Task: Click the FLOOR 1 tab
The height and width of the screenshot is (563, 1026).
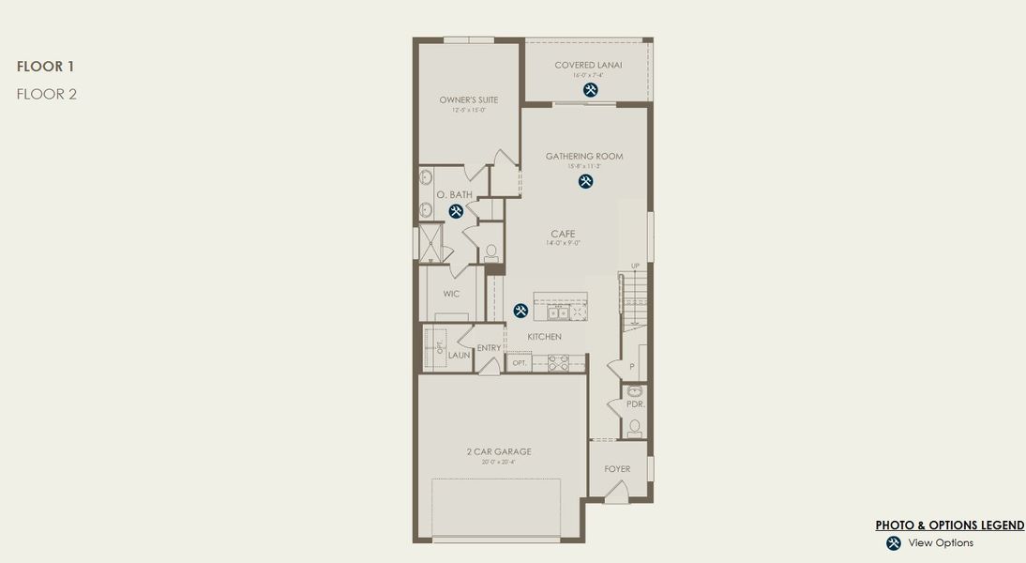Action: click(x=45, y=67)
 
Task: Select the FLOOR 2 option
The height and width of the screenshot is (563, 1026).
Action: click(x=46, y=94)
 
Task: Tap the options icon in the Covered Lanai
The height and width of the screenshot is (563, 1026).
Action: click(x=590, y=90)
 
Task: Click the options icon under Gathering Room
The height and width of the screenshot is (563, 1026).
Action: click(x=585, y=181)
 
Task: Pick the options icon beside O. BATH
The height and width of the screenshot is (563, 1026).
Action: click(x=456, y=211)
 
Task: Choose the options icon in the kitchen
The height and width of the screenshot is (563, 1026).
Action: click(x=521, y=311)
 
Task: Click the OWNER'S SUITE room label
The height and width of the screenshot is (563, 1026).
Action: click(x=468, y=99)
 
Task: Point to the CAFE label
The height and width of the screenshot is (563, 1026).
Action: click(x=563, y=234)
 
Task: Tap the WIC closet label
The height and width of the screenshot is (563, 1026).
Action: click(x=451, y=294)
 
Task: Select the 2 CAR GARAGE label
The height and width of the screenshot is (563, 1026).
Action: click(x=499, y=451)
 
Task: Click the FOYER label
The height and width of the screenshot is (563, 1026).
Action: click(x=617, y=469)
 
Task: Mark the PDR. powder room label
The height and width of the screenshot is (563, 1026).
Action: click(x=635, y=403)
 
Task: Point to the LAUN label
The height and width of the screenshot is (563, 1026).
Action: click(x=459, y=356)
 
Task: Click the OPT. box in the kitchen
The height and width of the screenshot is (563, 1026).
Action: click(x=519, y=362)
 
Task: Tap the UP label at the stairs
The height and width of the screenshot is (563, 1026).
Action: click(x=635, y=266)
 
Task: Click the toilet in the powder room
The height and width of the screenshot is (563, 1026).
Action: click(x=635, y=428)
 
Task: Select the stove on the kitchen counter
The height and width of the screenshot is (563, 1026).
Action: click(x=559, y=361)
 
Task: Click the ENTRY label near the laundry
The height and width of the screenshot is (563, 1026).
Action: click(x=489, y=348)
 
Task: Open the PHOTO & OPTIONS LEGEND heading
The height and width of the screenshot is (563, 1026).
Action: click(x=949, y=525)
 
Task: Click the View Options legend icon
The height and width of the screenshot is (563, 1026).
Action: click(x=894, y=543)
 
